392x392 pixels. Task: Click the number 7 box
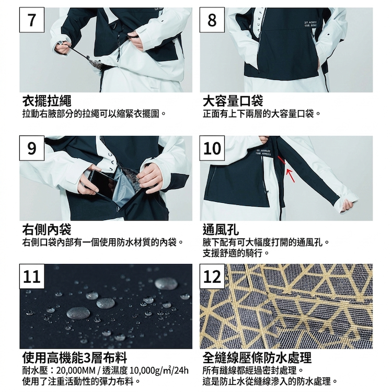pyautogui.click(x=32, y=20)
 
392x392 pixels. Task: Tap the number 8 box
pyautogui.click(x=212, y=20)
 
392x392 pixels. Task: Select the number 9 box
pyautogui.click(x=32, y=148)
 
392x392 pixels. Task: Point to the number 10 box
pyautogui.click(x=212, y=148)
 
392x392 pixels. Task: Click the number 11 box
pyautogui.click(x=32, y=276)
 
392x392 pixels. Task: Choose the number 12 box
pyautogui.click(x=212, y=276)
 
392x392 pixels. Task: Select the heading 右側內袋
pyautogui.click(x=47, y=229)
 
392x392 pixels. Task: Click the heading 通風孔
pyautogui.click(x=221, y=229)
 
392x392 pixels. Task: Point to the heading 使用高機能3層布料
pyautogui.click(x=75, y=358)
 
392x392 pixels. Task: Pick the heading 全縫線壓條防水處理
pyautogui.click(x=257, y=358)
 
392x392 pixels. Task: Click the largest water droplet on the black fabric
pyautogui.click(x=78, y=313)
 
